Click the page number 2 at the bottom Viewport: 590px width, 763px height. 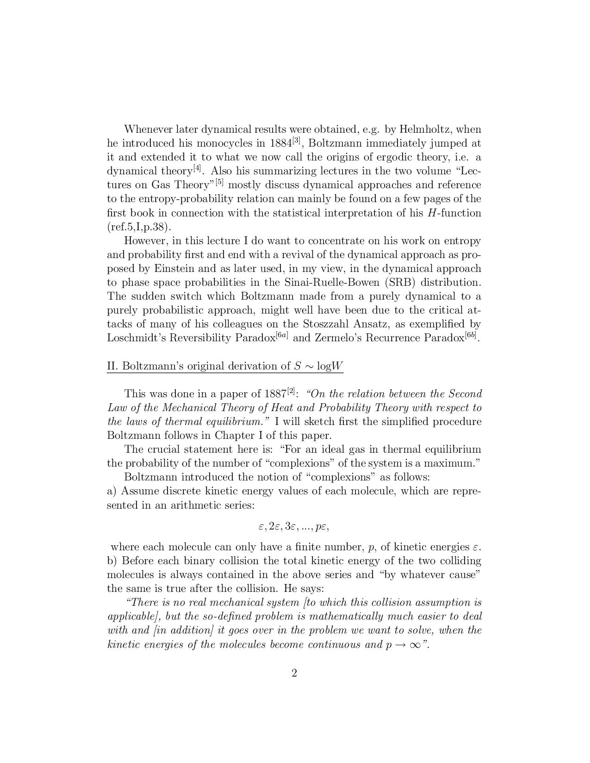click(294, 673)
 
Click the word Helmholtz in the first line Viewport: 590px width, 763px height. click(431, 129)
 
